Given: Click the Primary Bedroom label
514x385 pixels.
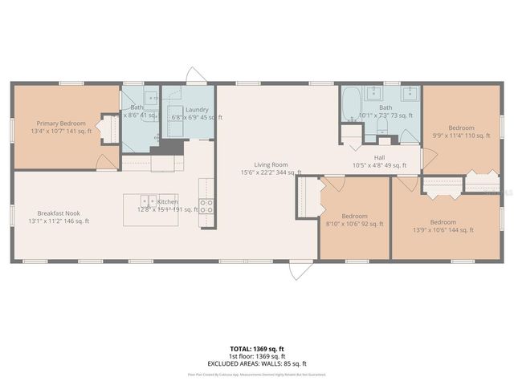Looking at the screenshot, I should pyautogui.click(x=61, y=124).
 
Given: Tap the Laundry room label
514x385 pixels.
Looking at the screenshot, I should pyautogui.click(x=197, y=110).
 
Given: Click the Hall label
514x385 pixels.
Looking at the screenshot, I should pyautogui.click(x=379, y=157).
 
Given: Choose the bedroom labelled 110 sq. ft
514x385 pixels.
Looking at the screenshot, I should pyautogui.click(x=461, y=128).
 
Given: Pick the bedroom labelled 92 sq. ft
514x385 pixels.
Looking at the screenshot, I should pyautogui.click(x=355, y=217).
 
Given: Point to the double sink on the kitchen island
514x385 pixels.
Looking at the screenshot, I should pyautogui.click(x=148, y=201).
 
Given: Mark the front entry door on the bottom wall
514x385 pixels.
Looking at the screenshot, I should pyautogui.click(x=299, y=269).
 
